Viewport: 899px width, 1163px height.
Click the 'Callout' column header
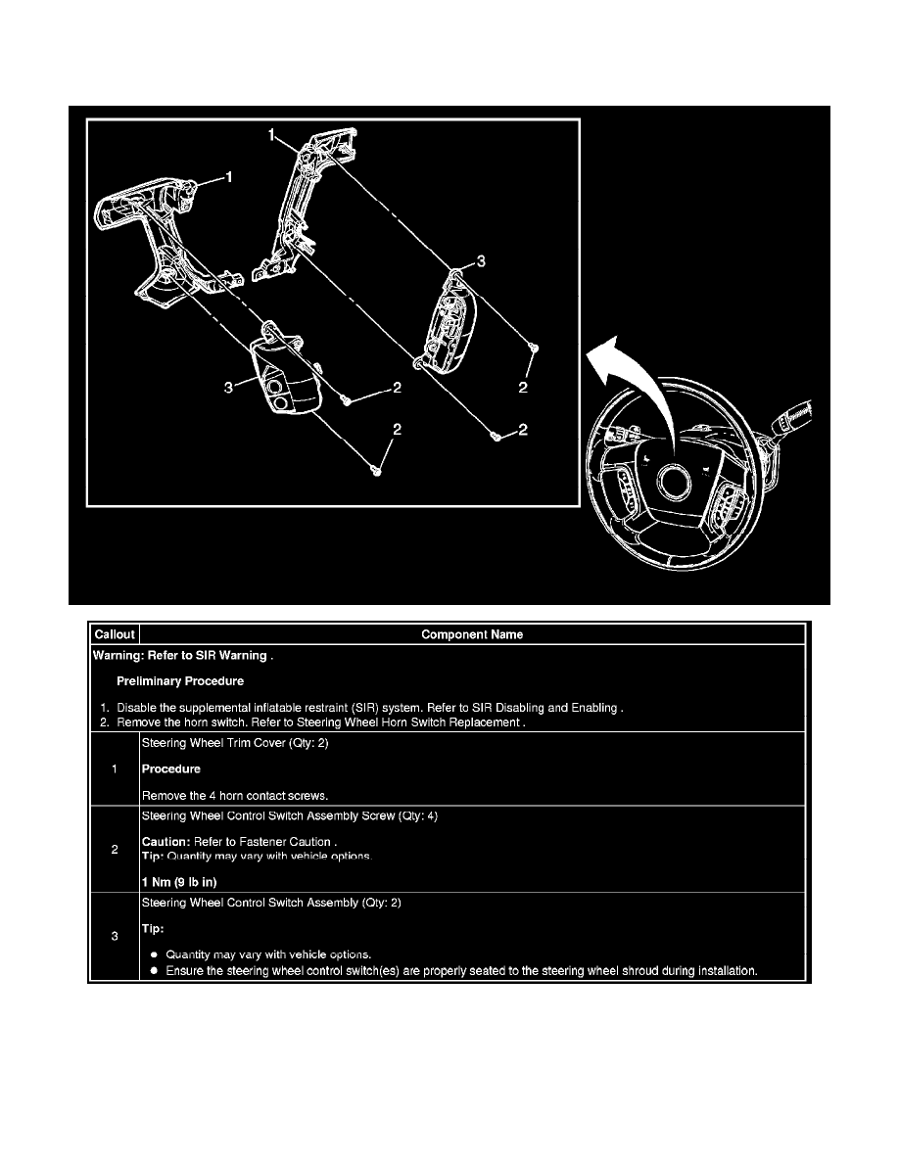tap(115, 634)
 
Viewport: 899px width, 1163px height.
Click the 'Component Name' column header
tap(472, 634)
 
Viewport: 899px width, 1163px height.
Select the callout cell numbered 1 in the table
tap(115, 769)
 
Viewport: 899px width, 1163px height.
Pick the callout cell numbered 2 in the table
tap(115, 850)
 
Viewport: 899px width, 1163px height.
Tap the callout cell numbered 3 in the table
tap(115, 936)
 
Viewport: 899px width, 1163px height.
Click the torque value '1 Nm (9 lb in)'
tap(179, 882)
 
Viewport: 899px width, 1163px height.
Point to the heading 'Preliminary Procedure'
tap(180, 681)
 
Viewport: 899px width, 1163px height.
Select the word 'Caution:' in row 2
tap(166, 842)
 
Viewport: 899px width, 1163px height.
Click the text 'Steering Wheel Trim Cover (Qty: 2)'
tap(235, 743)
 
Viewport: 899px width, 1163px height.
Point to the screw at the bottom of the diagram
tap(378, 470)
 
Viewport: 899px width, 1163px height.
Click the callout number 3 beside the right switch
tap(481, 261)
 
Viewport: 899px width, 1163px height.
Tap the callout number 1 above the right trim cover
tap(272, 135)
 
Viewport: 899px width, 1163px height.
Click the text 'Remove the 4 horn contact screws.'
tap(235, 796)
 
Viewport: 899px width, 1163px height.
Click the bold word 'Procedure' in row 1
tap(171, 769)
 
